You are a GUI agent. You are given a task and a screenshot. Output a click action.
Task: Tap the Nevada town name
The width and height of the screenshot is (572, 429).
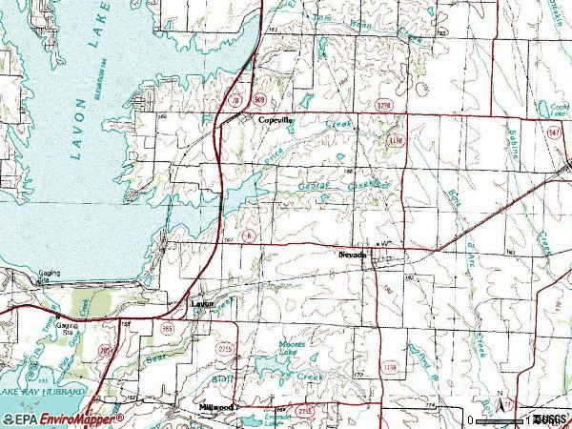coord(352,255)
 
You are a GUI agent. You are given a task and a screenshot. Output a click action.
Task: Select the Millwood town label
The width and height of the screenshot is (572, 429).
coord(216,407)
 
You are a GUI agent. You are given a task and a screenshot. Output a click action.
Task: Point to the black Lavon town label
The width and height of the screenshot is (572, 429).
coord(202,304)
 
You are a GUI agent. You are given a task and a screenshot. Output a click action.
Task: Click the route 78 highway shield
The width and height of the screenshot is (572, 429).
coord(234,99)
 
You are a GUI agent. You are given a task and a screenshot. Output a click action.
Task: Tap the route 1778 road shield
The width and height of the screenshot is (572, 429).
coord(384,103)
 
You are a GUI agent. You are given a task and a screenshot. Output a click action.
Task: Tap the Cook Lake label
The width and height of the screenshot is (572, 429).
coord(554,107)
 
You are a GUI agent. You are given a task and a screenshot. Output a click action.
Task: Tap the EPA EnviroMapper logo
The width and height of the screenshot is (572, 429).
coord(62,419)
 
